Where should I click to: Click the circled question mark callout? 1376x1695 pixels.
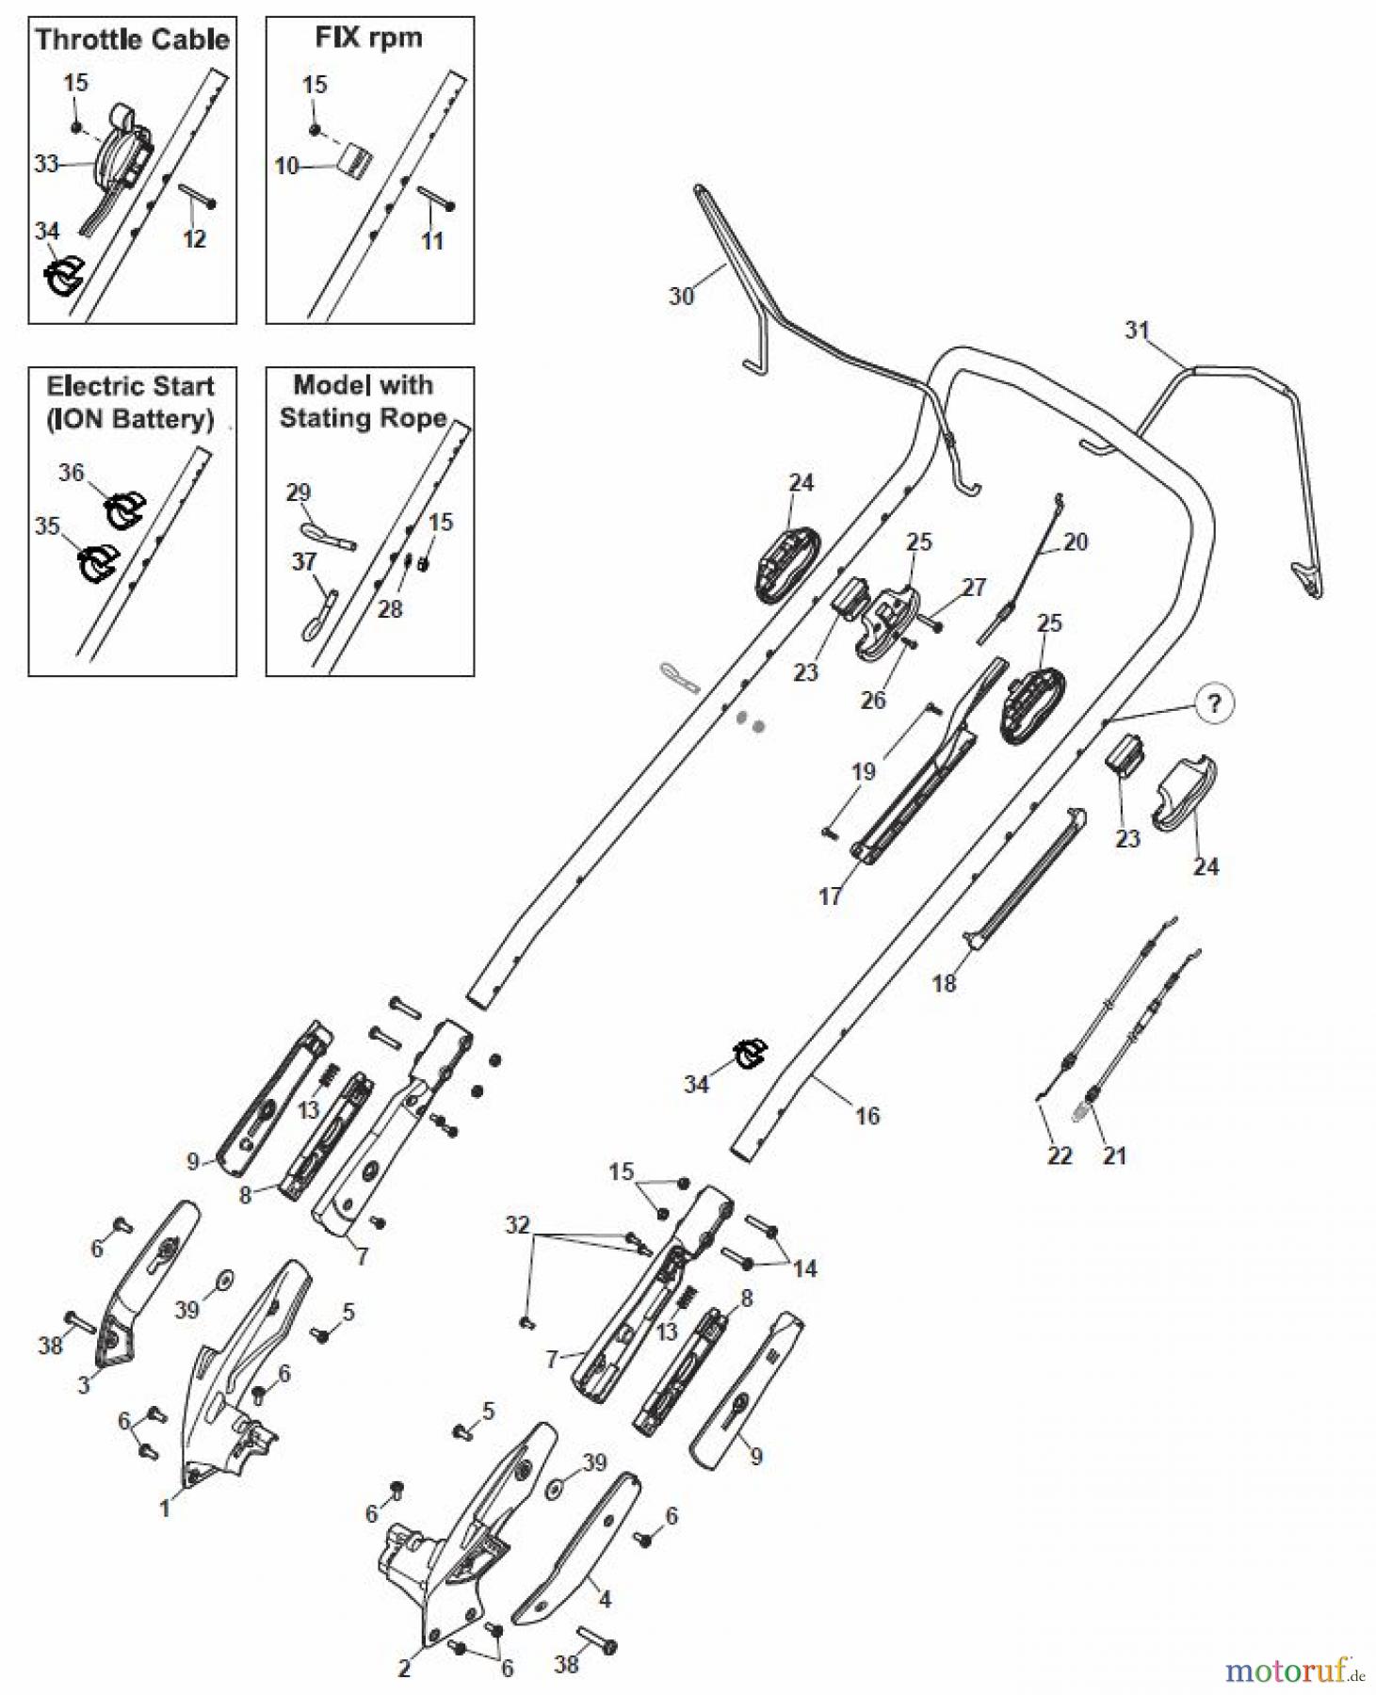1214,702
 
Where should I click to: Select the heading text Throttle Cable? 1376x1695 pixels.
132,40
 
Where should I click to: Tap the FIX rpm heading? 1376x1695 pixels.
368,38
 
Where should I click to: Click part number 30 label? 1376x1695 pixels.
681,296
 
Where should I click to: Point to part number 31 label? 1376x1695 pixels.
1137,330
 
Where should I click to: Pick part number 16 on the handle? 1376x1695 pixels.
867,1116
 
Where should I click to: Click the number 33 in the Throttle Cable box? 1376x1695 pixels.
46,164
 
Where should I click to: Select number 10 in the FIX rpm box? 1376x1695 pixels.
286,167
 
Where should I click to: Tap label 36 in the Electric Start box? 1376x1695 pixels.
72,473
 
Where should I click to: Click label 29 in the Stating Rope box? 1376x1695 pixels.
298,492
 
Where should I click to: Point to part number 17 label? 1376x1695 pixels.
830,896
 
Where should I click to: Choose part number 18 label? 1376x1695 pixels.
944,983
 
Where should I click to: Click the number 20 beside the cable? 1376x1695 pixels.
1076,541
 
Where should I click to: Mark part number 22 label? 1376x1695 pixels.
1060,1155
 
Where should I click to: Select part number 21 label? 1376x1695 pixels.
1114,1155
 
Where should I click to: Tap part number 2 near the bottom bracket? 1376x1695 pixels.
404,1668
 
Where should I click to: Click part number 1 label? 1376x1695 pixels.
165,1509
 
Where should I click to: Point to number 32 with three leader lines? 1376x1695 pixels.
517,1224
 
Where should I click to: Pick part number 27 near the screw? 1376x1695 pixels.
974,587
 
